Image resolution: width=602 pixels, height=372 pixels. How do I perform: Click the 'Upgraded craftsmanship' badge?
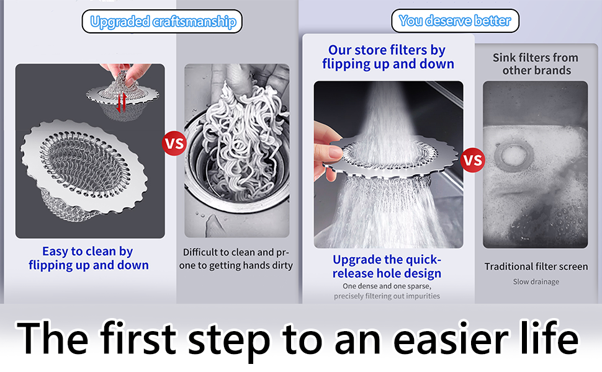pyautogui.click(x=162, y=22)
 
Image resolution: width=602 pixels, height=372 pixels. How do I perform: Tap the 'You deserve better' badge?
pyautogui.click(x=455, y=20)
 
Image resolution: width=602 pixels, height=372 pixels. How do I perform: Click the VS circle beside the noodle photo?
pyautogui.click(x=174, y=143)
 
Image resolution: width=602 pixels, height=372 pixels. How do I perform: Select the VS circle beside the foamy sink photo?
pyautogui.click(x=473, y=160)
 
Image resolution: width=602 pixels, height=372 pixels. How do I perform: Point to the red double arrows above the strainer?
pyautogui.click(x=121, y=102)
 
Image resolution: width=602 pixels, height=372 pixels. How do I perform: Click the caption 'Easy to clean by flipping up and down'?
pyautogui.click(x=88, y=258)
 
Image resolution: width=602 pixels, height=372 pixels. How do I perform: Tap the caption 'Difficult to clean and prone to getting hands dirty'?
pyautogui.click(x=236, y=259)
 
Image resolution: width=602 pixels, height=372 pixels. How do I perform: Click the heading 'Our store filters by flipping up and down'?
pyautogui.click(x=388, y=57)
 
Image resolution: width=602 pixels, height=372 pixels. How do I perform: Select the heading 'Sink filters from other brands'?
pyautogui.click(x=536, y=64)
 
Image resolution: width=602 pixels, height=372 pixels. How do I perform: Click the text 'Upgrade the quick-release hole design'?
pyautogui.click(x=387, y=267)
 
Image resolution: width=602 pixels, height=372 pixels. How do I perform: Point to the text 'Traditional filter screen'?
pyautogui.click(x=536, y=267)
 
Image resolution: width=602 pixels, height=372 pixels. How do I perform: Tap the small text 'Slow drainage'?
pyautogui.click(x=536, y=282)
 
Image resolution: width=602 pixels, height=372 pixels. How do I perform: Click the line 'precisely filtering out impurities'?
pyautogui.click(x=387, y=296)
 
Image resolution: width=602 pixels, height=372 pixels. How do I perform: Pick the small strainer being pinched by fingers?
pyautogui.click(x=123, y=94)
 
